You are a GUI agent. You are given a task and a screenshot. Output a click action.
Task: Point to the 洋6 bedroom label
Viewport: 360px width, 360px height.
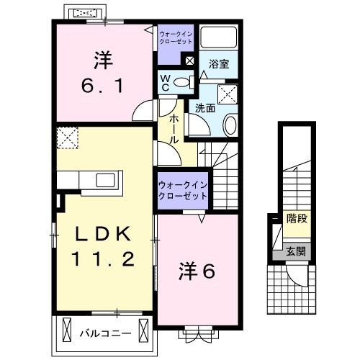pos(197,271)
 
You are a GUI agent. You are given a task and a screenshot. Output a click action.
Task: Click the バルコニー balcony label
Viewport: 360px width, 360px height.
pos(104,334)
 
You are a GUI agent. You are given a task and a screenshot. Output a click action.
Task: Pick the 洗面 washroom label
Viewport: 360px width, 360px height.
pos(204,108)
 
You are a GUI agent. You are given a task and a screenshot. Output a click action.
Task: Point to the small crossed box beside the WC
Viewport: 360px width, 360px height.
pos(189,63)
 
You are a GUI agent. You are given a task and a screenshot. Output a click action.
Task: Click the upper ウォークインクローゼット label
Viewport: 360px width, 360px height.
pos(175,37)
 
